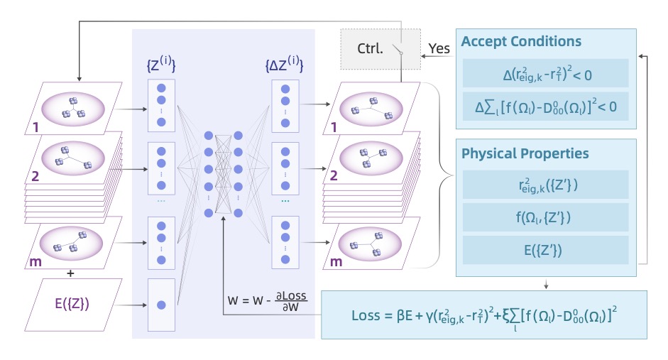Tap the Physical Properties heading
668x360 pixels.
pos(525,153)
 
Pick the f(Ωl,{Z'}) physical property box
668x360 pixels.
pos(545,217)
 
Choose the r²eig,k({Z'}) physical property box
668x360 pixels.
pos(545,184)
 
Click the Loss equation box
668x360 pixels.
pos(483,314)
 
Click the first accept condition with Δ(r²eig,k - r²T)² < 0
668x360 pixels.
pos(545,73)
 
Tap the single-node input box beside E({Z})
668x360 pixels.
pos(161,305)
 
